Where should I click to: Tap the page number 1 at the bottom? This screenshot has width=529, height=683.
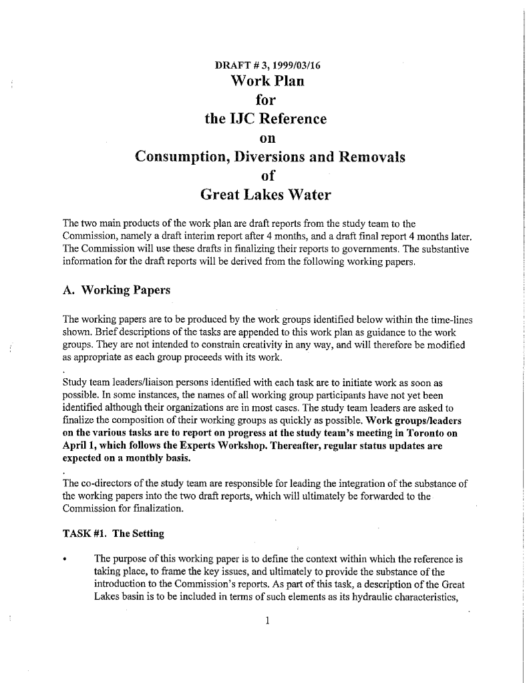point(266,621)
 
